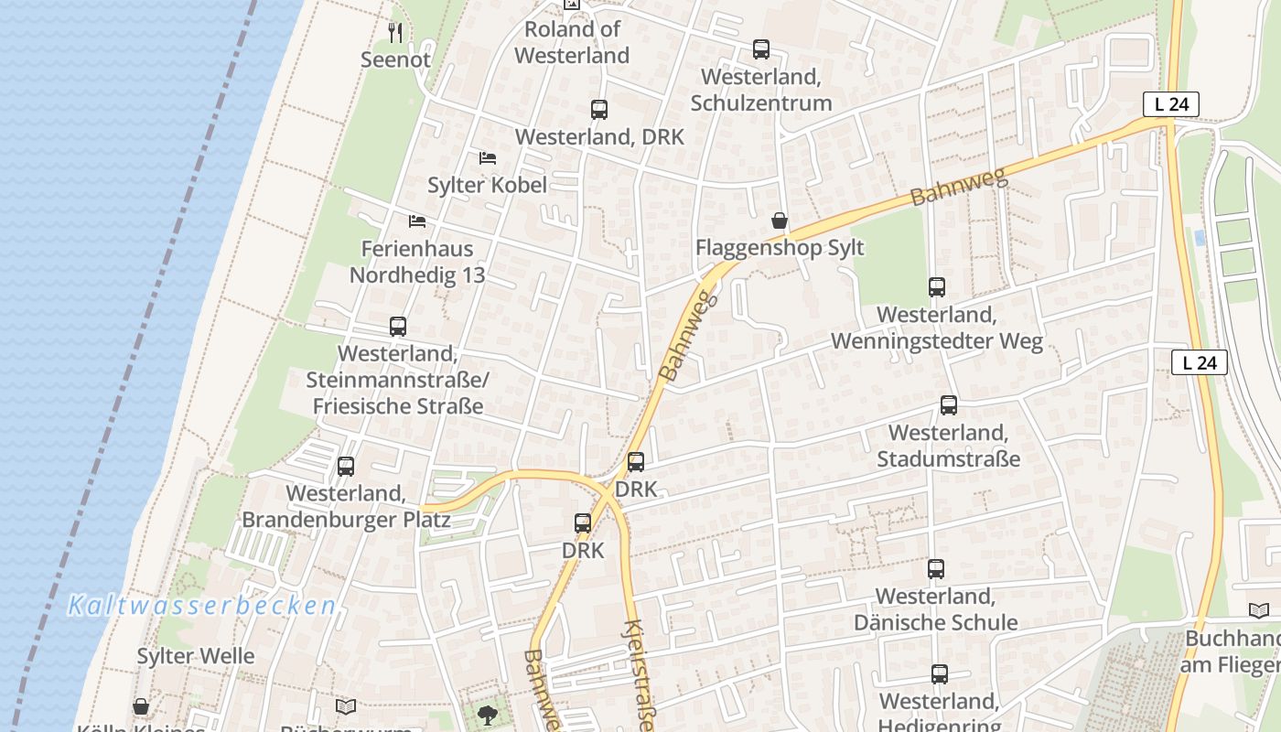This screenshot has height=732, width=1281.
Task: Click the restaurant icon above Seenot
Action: [395, 33]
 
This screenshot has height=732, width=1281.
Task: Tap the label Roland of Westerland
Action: [572, 42]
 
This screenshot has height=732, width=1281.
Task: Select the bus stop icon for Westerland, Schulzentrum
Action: [761, 49]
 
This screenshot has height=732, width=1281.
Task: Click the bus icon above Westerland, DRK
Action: [599, 110]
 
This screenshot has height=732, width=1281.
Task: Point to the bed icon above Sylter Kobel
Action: [487, 158]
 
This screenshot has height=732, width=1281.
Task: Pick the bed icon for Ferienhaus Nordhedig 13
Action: [417, 221]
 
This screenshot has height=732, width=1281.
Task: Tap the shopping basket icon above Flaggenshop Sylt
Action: [780, 221]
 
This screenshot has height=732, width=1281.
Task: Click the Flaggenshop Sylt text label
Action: [780, 248]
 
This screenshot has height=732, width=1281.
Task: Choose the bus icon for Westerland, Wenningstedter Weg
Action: [937, 287]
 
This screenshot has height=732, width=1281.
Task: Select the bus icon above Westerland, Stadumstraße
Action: [949, 405]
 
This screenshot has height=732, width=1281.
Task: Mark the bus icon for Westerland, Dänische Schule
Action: [935, 569]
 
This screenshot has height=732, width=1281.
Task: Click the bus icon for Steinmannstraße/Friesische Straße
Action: [398, 327]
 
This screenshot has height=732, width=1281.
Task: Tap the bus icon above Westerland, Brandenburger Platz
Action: [346, 467]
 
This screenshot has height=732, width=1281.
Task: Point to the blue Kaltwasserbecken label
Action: [202, 606]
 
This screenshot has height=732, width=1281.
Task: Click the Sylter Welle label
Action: [196, 656]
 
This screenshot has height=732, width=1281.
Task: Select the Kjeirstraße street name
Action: [637, 674]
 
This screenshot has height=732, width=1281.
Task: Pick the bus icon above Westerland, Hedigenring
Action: [940, 674]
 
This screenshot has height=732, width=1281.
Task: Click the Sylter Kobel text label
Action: [488, 185]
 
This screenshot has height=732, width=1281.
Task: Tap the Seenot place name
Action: [395, 59]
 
